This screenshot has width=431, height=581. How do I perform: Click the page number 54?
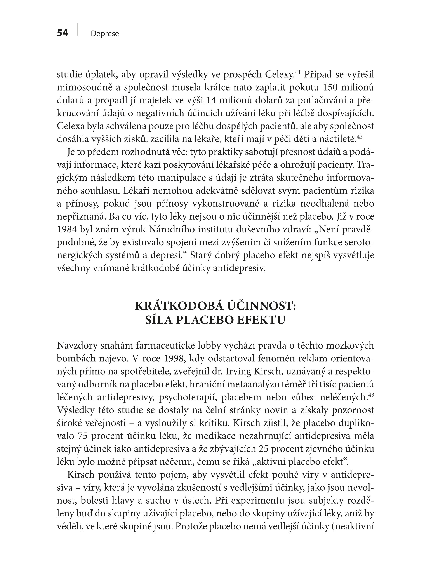(63, 33)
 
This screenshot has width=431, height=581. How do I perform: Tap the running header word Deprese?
(105, 34)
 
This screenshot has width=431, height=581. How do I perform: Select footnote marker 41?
(298, 71)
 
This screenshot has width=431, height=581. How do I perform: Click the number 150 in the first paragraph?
(332, 87)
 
